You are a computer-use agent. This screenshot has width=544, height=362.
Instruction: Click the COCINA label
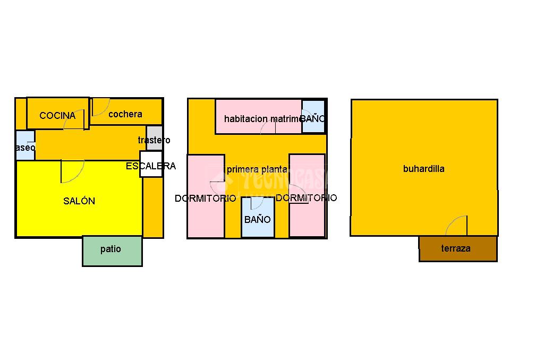coord(57,115)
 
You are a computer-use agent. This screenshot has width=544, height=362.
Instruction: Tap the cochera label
coord(125,114)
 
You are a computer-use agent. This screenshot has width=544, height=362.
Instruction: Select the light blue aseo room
coord(25,144)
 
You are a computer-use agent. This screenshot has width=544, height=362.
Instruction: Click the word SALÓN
coord(79,201)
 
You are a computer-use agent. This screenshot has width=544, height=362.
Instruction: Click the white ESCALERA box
coord(151,165)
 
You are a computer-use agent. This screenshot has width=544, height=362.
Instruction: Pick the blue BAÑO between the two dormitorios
coord(258,219)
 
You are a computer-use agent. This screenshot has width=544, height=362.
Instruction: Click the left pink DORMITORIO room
coord(206,212)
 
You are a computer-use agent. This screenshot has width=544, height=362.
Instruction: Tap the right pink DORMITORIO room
coord(307,212)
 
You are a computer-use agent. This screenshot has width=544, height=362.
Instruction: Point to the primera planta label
coord(257,169)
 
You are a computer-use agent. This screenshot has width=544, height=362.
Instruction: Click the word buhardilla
coord(423,169)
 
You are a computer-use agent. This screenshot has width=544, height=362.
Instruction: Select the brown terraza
coord(457,248)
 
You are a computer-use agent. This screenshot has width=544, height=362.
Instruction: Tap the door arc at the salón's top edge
coord(72,170)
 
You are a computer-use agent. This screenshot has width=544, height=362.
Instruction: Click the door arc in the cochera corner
coord(100,107)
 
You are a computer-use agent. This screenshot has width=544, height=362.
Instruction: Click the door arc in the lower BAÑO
coord(257,203)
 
